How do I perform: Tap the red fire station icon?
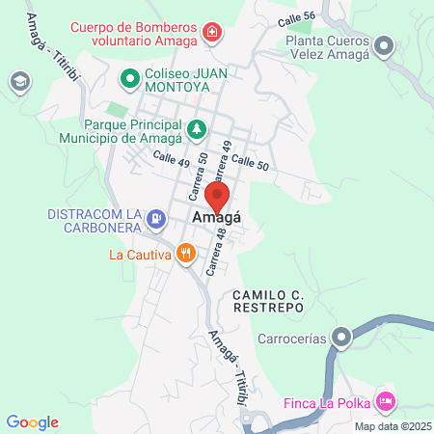pos(212,36)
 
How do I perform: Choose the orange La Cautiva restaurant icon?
pos(185,255)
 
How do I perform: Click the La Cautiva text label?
pos(139,256)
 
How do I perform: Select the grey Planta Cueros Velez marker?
pos(385,45)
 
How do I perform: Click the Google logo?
pos(32,421)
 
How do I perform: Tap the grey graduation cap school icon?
pos(18,81)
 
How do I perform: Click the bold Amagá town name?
pos(217,219)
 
